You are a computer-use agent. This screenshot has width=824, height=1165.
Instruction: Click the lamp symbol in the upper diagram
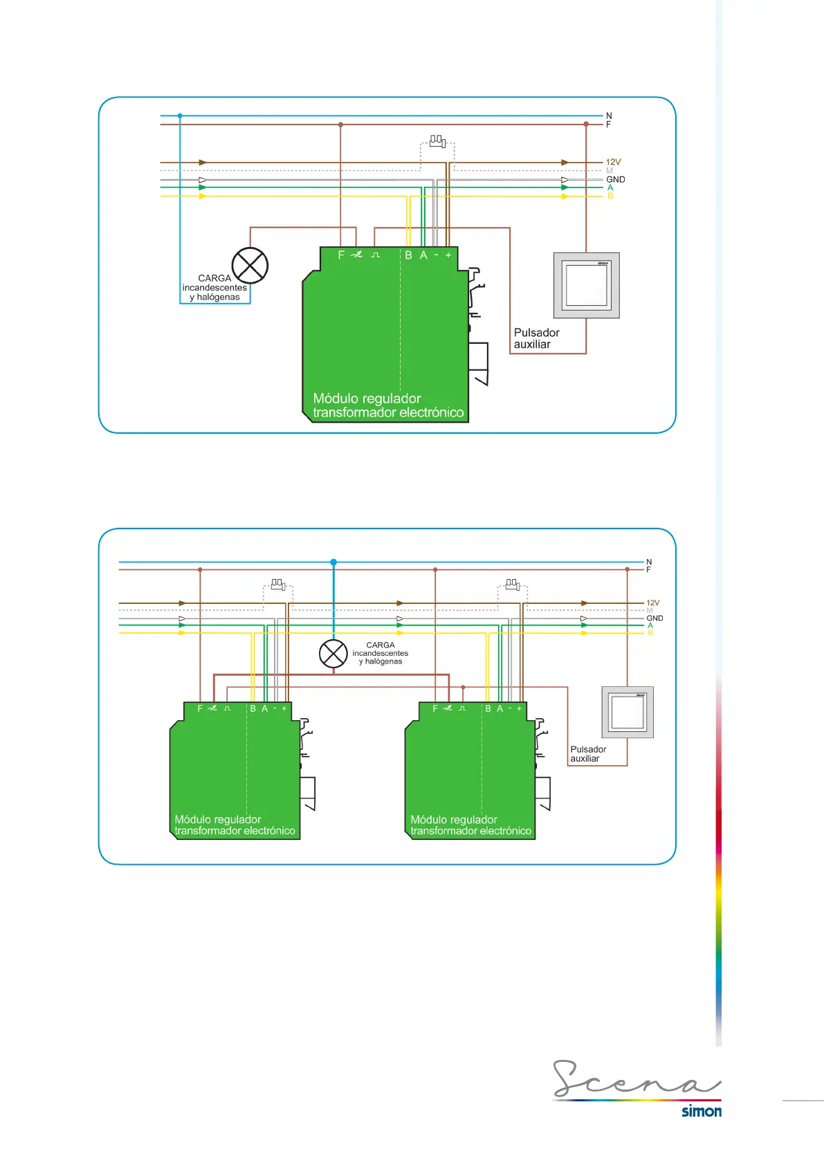pos(250,266)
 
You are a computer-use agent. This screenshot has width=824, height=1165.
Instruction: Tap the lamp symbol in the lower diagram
pos(333,654)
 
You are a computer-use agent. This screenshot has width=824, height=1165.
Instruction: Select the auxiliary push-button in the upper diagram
pos(586,285)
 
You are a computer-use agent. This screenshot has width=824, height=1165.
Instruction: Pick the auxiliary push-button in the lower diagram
pos(628,712)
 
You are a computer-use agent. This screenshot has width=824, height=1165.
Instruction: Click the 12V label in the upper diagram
pos(614,163)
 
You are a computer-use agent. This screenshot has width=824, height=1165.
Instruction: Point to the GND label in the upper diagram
pos(616,179)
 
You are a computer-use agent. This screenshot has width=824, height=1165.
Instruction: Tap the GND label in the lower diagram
pos(654,618)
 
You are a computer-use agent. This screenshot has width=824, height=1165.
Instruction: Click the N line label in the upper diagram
pos(609,116)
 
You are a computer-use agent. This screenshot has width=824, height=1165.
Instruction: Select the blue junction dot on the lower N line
pos(333,562)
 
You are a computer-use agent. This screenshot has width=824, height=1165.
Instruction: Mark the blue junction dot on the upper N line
pos(180,116)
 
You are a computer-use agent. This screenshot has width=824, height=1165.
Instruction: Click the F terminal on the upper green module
pos(341,255)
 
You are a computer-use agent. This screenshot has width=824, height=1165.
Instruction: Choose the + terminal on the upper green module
pos(448,255)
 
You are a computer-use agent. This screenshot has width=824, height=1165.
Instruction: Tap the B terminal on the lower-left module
pos(253,708)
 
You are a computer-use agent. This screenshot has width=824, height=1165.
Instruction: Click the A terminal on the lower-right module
pos(500,708)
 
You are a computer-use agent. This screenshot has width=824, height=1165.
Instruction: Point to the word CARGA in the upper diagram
pos(214,278)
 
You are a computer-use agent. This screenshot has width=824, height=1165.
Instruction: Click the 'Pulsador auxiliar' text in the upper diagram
pos(536,338)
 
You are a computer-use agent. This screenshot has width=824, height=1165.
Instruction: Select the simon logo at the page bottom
pos(702,1112)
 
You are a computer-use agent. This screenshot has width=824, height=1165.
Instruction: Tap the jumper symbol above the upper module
pos(437,141)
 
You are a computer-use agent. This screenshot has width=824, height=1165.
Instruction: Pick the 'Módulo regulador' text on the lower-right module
pos(454,820)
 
